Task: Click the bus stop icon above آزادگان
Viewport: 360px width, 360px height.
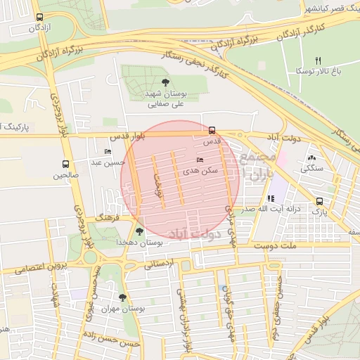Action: (39, 17)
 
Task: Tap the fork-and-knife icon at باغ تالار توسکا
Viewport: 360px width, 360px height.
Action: (318, 60)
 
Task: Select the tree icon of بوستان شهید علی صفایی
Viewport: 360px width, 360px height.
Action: (165, 82)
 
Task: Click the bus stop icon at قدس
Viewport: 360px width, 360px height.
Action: (212, 130)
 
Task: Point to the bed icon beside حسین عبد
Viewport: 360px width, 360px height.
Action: (108, 151)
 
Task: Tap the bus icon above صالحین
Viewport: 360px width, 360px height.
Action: (65, 165)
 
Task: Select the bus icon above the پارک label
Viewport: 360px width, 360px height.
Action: (320, 200)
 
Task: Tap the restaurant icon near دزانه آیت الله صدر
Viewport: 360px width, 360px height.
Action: (271, 199)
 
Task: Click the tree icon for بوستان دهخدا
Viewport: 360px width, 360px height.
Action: (139, 231)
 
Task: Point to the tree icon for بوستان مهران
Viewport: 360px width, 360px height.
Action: (123, 297)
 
